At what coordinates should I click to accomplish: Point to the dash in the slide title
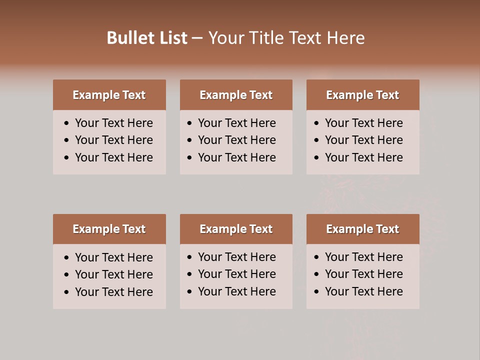click(x=197, y=38)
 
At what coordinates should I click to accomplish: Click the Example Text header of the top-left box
click(x=109, y=95)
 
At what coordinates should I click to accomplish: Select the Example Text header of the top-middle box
click(x=236, y=95)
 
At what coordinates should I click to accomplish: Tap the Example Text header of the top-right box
click(x=362, y=95)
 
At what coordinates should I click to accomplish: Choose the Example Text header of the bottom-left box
click(x=109, y=229)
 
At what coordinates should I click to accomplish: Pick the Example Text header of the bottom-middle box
click(x=236, y=229)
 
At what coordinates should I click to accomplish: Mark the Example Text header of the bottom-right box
click(x=362, y=229)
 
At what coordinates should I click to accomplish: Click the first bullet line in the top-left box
click(x=113, y=123)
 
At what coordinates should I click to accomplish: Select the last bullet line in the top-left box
click(x=113, y=157)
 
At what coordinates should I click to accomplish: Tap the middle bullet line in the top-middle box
click(x=236, y=140)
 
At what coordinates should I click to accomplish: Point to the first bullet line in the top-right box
click(x=363, y=123)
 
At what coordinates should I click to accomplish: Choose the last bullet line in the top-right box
click(x=363, y=157)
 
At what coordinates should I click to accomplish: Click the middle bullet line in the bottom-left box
click(x=113, y=274)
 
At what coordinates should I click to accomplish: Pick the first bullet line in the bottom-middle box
click(x=236, y=257)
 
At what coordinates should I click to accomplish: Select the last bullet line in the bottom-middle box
click(x=236, y=291)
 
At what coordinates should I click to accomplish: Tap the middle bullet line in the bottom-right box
click(x=363, y=274)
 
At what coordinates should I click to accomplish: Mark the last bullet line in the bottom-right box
click(x=363, y=291)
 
